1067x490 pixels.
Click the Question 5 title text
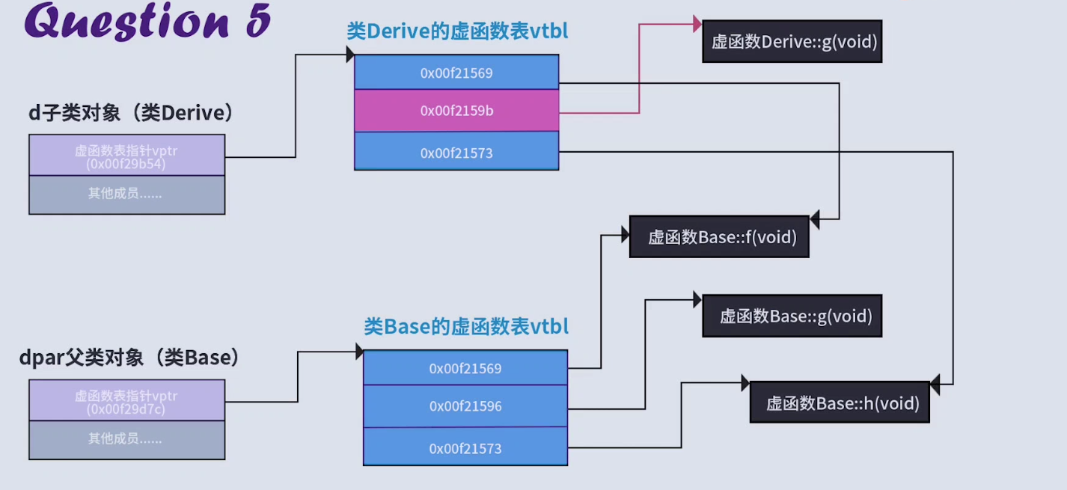point(147,21)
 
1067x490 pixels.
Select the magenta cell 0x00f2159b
point(456,111)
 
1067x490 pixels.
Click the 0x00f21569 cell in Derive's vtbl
point(456,73)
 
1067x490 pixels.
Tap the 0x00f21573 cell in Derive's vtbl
point(456,153)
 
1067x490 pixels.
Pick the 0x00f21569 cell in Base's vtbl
point(465,368)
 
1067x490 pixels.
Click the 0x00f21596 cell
point(465,406)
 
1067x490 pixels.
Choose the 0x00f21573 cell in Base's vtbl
point(465,448)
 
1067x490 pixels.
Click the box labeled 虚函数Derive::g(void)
point(792,41)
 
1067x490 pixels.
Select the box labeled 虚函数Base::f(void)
point(718,237)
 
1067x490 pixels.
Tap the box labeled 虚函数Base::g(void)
point(792,316)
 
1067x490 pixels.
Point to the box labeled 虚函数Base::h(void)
point(839,403)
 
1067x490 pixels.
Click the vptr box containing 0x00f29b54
point(126,156)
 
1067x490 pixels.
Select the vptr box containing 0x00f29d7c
point(126,401)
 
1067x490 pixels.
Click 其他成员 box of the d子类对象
point(126,195)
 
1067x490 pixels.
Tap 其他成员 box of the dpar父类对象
point(126,439)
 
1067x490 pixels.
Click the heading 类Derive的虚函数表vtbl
point(457,31)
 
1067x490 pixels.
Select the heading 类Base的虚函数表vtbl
point(466,327)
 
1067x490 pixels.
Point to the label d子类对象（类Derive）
point(132,113)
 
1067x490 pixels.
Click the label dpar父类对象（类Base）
point(132,358)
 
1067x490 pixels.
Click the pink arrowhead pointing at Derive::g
point(697,25)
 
